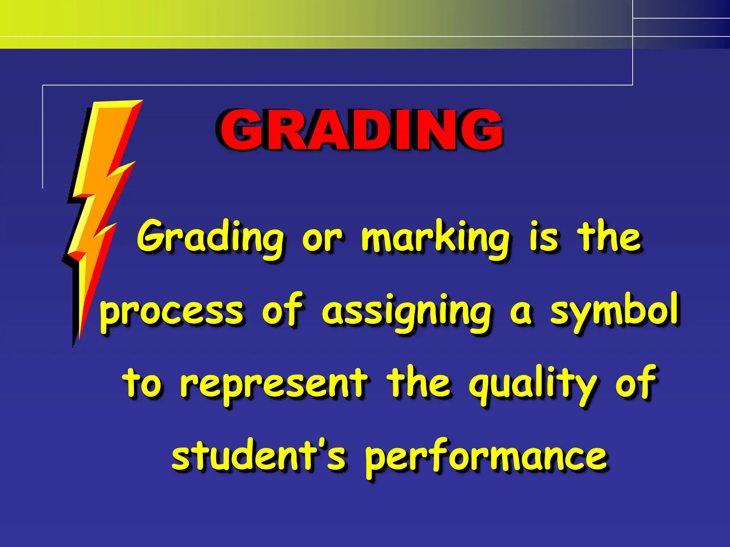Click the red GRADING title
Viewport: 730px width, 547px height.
(x=361, y=130)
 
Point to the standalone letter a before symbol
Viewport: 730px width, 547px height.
(x=521, y=313)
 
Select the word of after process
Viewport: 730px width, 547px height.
(x=282, y=310)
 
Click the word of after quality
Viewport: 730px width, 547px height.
(x=636, y=383)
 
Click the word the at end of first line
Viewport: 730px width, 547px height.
(x=610, y=237)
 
